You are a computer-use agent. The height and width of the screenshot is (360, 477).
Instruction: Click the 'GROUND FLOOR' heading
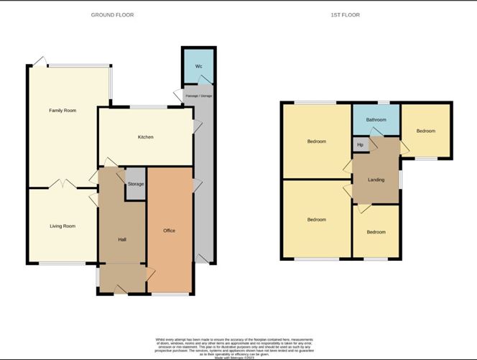pyautogui.click(x=112, y=15)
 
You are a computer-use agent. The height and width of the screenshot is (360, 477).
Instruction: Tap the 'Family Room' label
pyautogui.click(x=62, y=111)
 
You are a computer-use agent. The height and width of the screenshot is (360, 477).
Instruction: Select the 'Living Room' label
pyautogui.click(x=62, y=226)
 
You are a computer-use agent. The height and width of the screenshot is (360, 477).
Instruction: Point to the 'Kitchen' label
pyautogui.click(x=145, y=137)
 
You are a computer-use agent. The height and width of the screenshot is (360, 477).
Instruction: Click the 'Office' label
pyautogui.click(x=170, y=231)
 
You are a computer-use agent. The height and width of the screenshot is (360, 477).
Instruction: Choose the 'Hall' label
pyautogui.click(x=121, y=240)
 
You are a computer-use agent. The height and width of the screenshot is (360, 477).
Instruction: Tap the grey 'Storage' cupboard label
pyautogui.click(x=136, y=185)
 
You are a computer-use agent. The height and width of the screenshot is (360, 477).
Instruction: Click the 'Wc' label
pyautogui.click(x=198, y=67)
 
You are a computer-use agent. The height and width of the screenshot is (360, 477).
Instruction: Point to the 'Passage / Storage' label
pyautogui.click(x=198, y=96)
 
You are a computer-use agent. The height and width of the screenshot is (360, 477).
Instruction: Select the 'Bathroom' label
pyautogui.click(x=376, y=120)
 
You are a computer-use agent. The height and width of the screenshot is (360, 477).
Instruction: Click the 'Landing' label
pyautogui.click(x=376, y=180)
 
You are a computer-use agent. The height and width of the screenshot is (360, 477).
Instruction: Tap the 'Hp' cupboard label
pyautogui.click(x=360, y=145)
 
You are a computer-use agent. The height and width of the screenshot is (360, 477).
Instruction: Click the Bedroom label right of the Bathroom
pyautogui.click(x=425, y=131)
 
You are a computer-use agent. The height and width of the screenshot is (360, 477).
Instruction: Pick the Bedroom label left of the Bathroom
pyautogui.click(x=316, y=142)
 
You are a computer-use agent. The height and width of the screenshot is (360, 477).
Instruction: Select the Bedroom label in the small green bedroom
pyautogui.click(x=376, y=232)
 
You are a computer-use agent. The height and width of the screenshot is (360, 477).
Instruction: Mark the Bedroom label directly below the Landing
pyautogui.click(x=376, y=232)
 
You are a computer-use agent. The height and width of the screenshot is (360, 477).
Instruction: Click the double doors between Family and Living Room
pyautogui.click(x=63, y=185)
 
